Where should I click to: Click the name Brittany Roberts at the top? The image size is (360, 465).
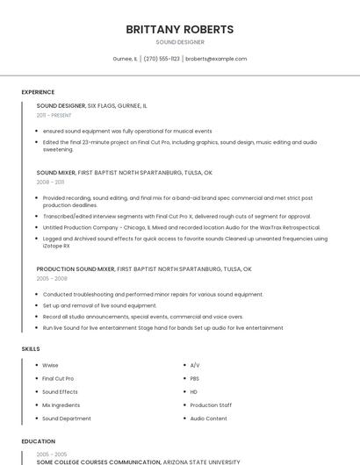180,29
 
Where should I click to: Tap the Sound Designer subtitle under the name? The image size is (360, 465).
180,42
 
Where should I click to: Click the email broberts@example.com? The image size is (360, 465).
216,59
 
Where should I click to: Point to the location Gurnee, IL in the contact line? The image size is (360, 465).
125,59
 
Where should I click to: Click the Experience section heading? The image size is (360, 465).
38,92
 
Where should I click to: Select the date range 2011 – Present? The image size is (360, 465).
54,115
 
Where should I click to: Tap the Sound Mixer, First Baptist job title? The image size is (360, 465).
124,173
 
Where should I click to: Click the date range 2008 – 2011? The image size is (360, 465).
50,182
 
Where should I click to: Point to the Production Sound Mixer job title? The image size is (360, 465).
144,268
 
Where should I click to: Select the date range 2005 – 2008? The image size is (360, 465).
52,278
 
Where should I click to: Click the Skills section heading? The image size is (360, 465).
31,348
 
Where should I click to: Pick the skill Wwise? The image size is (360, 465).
50,365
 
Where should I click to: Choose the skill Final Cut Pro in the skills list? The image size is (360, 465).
58,378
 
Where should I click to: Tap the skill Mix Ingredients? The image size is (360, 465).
61,405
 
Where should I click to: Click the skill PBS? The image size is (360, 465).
194,378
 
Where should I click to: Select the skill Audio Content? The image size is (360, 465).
208,418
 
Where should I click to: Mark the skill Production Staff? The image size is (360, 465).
211,405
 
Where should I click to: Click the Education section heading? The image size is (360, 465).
38,441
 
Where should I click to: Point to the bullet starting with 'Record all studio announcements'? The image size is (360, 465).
130,317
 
